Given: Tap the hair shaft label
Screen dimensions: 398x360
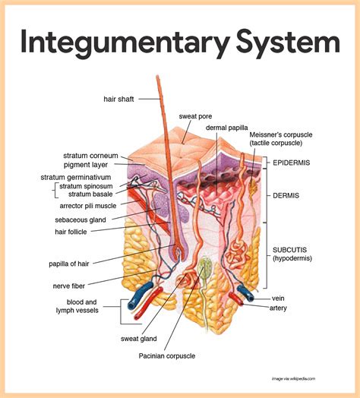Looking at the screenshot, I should [120, 99].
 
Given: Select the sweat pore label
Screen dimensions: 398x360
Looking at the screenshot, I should [195, 116].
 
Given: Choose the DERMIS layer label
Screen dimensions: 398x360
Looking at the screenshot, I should [288, 195].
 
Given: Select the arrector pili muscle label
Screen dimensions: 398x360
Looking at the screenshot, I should [87, 205].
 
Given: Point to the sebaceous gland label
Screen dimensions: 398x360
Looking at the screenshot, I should [84, 218].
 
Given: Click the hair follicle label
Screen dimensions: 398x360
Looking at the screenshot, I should [74, 231].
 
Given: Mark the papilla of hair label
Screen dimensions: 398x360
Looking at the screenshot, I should [72, 264].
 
